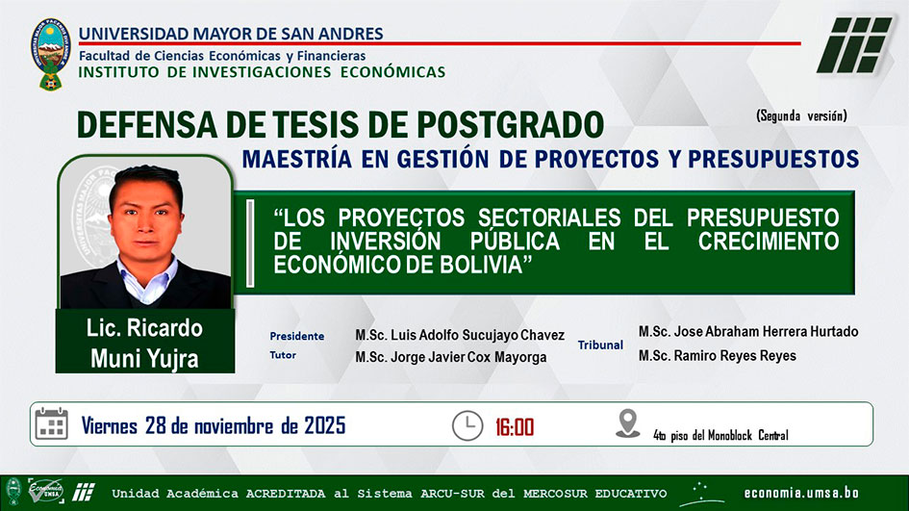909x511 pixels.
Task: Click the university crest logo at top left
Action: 51,54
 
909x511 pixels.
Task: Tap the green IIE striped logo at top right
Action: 854,44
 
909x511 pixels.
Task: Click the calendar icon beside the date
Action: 52,424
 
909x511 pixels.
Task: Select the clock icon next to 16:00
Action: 467,425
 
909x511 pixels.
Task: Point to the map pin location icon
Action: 627,423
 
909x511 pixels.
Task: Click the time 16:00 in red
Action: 515,427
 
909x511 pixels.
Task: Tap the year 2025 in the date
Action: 325,425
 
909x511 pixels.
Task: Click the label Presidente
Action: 297,337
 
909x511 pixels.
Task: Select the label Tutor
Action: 283,355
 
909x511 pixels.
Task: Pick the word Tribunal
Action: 600,345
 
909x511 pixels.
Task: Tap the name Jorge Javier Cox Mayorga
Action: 468,357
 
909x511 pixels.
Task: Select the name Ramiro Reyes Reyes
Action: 735,355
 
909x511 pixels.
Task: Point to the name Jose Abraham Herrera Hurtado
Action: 766,332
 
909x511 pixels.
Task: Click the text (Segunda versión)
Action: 802,116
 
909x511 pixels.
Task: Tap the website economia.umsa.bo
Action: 801,493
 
